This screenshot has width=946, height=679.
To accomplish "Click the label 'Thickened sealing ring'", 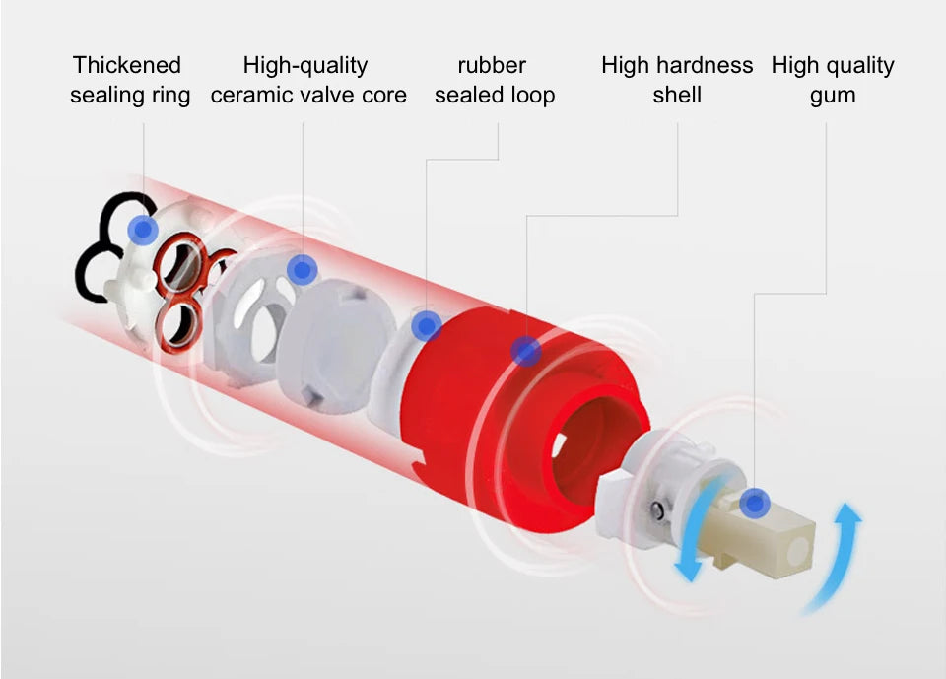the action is (130, 80).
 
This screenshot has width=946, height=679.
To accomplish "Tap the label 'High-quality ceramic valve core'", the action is (308, 80).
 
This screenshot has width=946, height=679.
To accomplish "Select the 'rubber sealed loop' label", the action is (494, 80).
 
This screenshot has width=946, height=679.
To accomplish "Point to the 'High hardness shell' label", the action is (677, 80).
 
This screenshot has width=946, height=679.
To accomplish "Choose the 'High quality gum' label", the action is (833, 80).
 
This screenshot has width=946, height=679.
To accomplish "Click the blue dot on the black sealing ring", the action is (143, 230).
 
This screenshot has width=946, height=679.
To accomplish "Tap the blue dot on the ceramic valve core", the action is (303, 270).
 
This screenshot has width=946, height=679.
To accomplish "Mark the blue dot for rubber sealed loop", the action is (427, 326).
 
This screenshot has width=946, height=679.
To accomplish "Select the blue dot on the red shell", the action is (526, 351).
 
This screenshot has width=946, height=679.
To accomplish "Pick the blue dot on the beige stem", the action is (754, 503).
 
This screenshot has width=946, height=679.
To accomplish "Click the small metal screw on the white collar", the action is (657, 511).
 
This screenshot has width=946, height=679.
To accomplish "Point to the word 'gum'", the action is (833, 96).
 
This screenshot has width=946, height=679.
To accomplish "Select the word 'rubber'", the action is (492, 65).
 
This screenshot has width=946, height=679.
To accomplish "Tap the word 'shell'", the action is (677, 95).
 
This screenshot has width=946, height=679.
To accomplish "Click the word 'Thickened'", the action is (127, 65).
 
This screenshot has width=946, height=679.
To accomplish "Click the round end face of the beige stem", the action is (797, 549).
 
